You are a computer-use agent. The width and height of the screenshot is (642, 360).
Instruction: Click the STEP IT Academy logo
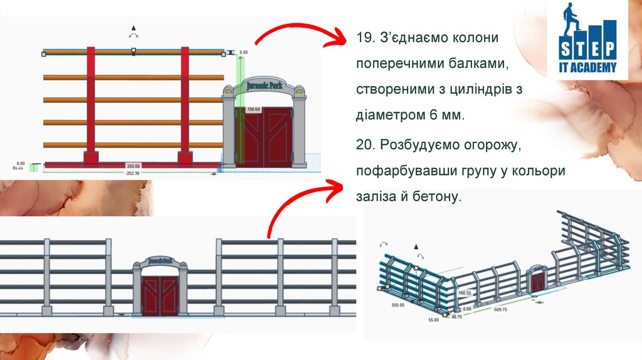(x=587, y=39)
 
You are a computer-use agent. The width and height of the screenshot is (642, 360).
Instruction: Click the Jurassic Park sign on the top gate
(x=264, y=85)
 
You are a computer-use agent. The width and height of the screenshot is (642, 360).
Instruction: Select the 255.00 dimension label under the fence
(x=133, y=166)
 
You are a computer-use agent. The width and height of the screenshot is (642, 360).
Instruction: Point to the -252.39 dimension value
(x=133, y=172)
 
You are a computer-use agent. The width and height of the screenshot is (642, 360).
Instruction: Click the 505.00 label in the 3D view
(x=397, y=305)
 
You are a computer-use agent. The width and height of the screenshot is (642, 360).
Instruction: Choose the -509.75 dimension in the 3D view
(x=500, y=309)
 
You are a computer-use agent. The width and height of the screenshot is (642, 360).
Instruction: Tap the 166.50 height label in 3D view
(x=465, y=293)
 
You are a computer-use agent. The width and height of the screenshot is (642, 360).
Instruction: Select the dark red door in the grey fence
(x=160, y=295)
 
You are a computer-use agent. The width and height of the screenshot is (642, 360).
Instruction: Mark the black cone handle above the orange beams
(x=133, y=27)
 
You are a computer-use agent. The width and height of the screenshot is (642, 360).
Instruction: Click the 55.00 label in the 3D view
(x=434, y=320)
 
